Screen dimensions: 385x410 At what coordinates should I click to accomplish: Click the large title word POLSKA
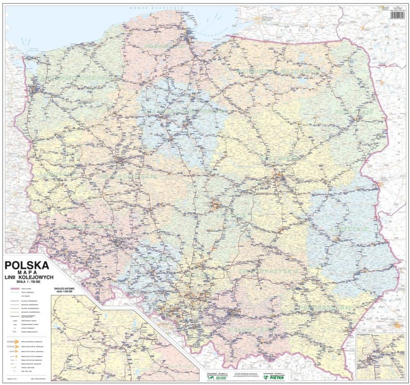[26, 266]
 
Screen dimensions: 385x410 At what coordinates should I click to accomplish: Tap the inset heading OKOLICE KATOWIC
[66, 287]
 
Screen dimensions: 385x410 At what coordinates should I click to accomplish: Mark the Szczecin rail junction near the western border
[36, 87]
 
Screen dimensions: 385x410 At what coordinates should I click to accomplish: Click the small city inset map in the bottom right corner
[379, 356]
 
